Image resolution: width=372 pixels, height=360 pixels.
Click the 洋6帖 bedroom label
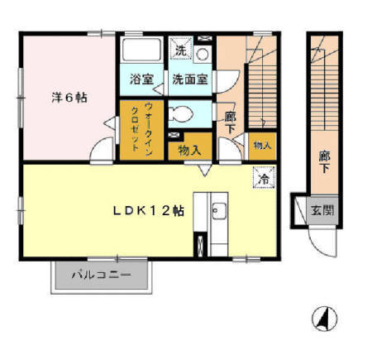pyautogui.click(x=69, y=98)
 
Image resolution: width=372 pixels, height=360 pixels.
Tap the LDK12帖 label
pyautogui.click(x=149, y=211)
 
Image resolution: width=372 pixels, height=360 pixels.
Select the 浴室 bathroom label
pyautogui.click(x=141, y=79)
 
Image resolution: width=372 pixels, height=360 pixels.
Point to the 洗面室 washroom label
pyautogui.click(x=190, y=79)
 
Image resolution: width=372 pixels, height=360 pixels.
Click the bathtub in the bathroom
pyautogui.click(x=142, y=50)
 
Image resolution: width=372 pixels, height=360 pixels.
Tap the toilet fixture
pyautogui.click(x=180, y=113)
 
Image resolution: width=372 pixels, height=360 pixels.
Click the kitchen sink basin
pyautogui.click(x=219, y=211)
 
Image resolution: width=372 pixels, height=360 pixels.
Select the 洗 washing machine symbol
pyautogui.click(x=181, y=49)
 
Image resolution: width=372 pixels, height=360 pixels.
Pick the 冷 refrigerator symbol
pyautogui.click(x=265, y=178)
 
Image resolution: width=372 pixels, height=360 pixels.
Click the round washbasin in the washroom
pyautogui.click(x=203, y=55)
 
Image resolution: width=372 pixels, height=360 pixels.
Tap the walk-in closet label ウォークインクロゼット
pyautogui.click(x=141, y=129)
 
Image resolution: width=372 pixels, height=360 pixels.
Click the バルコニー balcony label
pyautogui.click(x=101, y=275)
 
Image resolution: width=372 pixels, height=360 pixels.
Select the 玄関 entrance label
pyautogui.click(x=322, y=210)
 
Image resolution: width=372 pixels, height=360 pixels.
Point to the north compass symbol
pyautogui.click(x=325, y=319)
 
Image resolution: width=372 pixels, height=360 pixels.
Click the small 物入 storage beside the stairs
pyautogui.click(x=262, y=145)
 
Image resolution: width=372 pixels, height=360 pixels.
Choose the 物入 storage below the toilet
pyautogui.click(x=189, y=151)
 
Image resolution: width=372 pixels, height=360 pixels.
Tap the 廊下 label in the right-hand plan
pyautogui.click(x=325, y=162)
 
